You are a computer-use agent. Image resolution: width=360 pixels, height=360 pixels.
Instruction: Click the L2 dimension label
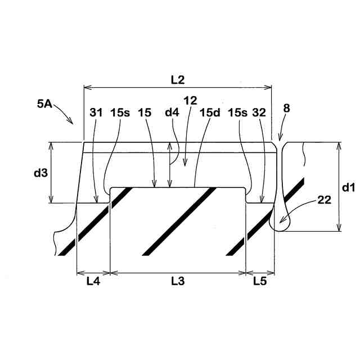[178, 80]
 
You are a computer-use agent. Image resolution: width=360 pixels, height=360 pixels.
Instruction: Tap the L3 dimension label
[178, 281]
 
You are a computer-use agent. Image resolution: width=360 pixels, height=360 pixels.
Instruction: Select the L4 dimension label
[93, 281]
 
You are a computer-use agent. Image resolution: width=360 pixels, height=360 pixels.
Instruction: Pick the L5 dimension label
[260, 281]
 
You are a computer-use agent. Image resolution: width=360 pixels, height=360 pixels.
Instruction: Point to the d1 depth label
[348, 188]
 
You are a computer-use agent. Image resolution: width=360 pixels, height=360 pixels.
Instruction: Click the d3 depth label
[40, 173]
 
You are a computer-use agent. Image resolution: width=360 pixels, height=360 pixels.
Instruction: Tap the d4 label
[172, 112]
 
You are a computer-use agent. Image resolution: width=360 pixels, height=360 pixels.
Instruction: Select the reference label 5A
[44, 104]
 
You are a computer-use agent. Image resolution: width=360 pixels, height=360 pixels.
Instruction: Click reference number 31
[96, 112]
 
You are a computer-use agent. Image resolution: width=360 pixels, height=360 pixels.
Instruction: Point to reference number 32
[259, 112]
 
